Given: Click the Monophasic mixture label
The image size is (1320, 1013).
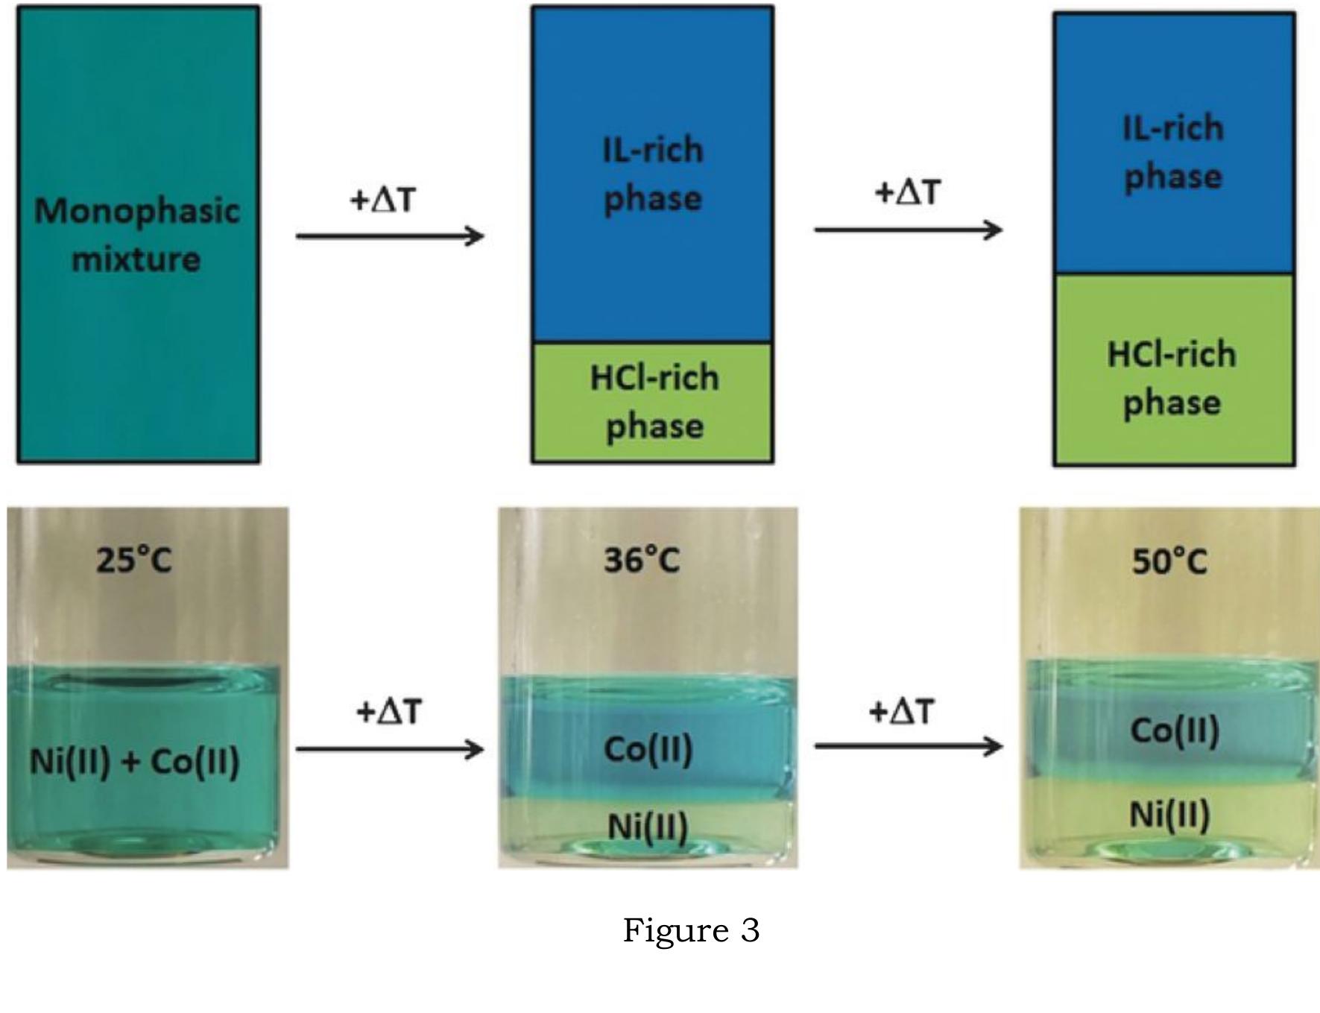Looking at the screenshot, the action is tap(137, 235).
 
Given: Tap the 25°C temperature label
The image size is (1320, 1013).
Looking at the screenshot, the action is tap(134, 559).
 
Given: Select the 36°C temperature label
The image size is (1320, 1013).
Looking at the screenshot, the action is tap(642, 559).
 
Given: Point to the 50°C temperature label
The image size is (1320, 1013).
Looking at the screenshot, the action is tap(1169, 561).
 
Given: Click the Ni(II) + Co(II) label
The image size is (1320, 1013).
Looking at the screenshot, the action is tap(135, 762).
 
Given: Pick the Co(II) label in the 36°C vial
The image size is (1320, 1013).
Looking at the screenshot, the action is tap(648, 749).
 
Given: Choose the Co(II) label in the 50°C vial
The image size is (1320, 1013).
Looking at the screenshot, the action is tap(1175, 730).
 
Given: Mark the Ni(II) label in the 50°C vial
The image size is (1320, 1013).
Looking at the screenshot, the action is tap(1169, 814).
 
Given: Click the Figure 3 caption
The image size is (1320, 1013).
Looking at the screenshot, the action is tap(692, 930).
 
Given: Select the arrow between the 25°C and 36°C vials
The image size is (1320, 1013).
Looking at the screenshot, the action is tap(390, 748).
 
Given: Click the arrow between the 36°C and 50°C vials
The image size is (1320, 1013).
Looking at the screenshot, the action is tap(909, 745).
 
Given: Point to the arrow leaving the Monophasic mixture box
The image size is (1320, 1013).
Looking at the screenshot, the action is tap(390, 236).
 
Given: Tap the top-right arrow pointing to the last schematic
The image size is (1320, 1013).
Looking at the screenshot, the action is tap(909, 229).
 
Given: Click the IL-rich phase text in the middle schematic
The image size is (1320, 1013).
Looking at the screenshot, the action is tap(653, 174).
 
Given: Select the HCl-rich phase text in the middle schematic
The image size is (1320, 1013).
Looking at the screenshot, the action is tap(654, 402).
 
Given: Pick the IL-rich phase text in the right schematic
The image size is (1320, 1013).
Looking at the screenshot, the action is tap(1173, 153).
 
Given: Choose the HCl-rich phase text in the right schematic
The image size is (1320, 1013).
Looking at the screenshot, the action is tap(1172, 378).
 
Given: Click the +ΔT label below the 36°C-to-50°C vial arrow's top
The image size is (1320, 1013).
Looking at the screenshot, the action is tap(901, 712).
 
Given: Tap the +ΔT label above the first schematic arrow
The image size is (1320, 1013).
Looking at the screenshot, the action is tap(382, 200).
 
